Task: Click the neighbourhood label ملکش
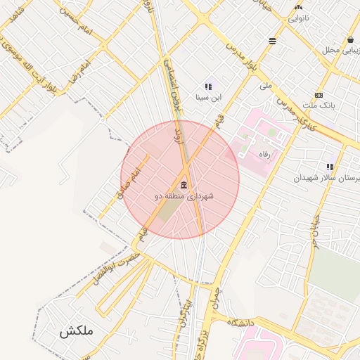click(76, 330)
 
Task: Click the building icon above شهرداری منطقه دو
click(184, 185)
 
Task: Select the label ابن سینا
click(207, 97)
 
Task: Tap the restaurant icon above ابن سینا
click(208, 86)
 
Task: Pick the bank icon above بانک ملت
click(319, 95)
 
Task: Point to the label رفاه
click(264, 154)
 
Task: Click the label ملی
click(265, 86)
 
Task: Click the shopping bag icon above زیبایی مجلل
click(350, 39)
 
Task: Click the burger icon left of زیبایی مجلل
click(272, 41)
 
